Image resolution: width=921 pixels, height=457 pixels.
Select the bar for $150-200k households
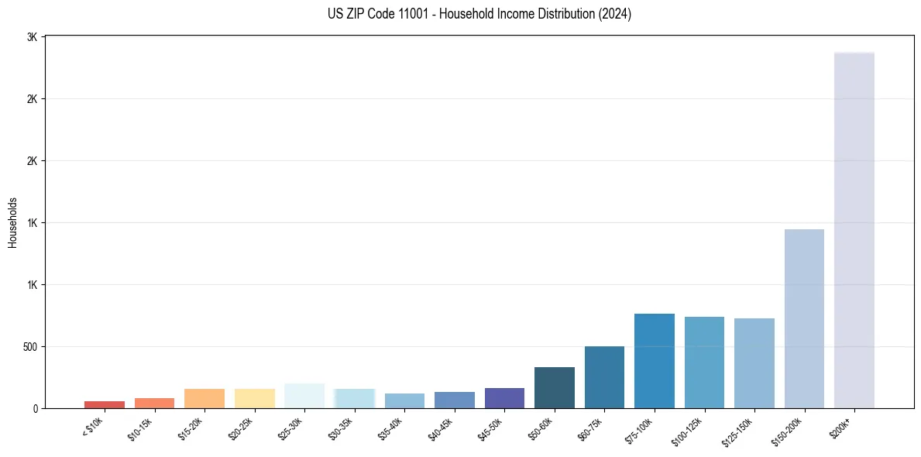804,318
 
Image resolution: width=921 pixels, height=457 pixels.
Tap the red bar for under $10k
105,404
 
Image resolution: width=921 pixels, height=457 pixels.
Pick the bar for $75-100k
655,361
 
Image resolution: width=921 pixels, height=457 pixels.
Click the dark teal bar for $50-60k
555,387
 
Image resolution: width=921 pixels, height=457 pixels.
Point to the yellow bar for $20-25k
255,398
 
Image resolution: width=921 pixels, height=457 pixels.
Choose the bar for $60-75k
604,377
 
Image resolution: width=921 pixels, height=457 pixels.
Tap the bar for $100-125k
704,363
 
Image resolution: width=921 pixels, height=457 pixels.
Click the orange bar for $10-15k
154,403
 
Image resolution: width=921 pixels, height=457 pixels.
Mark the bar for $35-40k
404,400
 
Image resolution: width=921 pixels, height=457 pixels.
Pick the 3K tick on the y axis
33,37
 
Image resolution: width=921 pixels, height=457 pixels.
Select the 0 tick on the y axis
36,408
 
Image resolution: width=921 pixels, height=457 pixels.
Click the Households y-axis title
13,222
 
